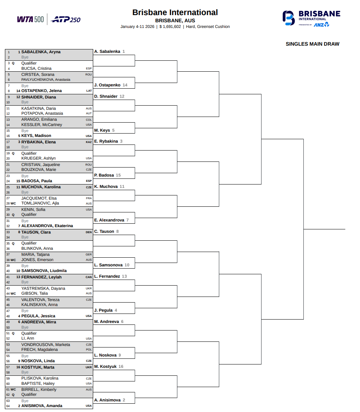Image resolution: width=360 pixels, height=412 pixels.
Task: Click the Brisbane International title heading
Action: [175, 12]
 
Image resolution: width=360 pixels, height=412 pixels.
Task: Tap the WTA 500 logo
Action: [31, 19]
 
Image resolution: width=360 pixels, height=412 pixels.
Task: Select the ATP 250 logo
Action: [65, 19]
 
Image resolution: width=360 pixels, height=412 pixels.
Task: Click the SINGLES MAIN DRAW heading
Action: [312, 44]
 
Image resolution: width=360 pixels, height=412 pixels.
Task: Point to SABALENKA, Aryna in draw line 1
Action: [41, 52]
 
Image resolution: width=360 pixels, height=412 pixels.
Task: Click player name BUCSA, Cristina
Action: [36, 69]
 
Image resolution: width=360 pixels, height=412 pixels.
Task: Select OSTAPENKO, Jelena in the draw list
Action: [42, 91]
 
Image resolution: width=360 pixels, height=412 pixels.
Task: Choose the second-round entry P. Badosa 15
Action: [107, 175]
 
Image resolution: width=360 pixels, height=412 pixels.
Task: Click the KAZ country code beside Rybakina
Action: [89, 142]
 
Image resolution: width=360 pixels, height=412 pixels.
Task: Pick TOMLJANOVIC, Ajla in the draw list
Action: [40, 203]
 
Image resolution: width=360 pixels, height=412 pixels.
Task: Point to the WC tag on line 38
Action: [13, 260]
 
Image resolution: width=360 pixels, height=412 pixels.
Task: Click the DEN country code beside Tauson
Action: [89, 232]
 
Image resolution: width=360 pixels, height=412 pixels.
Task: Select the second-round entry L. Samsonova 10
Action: [112, 265]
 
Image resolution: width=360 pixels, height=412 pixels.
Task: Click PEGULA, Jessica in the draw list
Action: [38, 316]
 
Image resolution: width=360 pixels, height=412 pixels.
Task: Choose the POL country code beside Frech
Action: [89, 350]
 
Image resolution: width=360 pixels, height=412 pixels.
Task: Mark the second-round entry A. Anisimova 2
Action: [109, 400]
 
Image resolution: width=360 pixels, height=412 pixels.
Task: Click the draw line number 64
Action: [8, 406]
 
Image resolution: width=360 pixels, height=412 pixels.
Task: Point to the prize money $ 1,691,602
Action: [170, 27]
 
